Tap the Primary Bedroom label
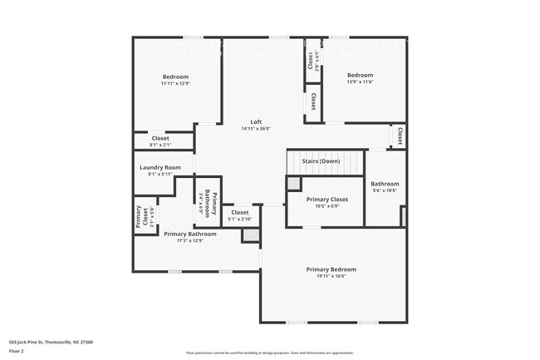(x=331, y=269)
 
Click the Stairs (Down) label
(x=321, y=160)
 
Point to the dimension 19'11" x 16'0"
(x=331, y=277)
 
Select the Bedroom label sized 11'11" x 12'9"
(x=175, y=76)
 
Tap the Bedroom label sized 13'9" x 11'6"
(x=360, y=75)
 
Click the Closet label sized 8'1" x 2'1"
(x=160, y=138)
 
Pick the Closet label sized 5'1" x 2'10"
(x=239, y=213)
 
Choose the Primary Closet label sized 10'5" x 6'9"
(x=326, y=200)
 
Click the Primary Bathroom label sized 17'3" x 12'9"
(x=189, y=234)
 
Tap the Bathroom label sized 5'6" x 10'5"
(x=385, y=184)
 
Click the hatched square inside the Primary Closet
(x=293, y=183)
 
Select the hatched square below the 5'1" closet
(x=250, y=235)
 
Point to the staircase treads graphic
(x=325, y=163)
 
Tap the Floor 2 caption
(x=17, y=351)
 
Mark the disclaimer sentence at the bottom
(x=270, y=353)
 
